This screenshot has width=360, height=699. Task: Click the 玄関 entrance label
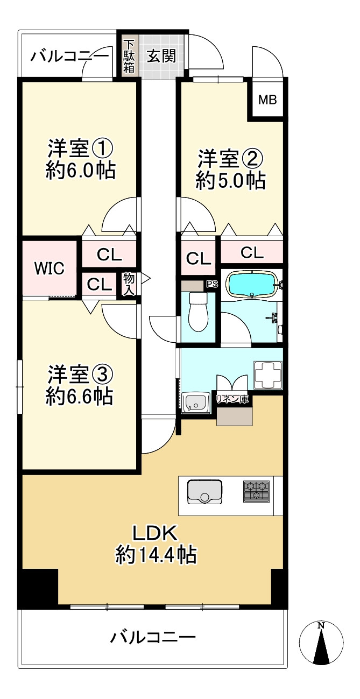tap(162, 56)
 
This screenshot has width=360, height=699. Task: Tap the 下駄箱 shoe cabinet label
tap(129, 55)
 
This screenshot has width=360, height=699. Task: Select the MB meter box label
tap(267, 100)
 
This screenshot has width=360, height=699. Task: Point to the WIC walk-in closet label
tap(49, 268)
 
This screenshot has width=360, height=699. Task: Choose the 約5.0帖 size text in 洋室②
tap(230, 181)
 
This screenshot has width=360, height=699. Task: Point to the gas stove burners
tap(256, 491)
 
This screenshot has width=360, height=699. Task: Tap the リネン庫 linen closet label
tap(232, 399)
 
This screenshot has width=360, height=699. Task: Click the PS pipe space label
tap(211, 285)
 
